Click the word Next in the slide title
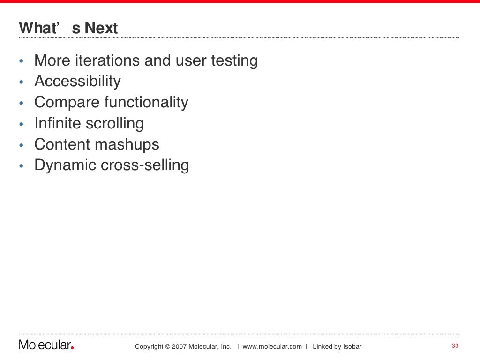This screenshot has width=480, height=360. click(x=101, y=28)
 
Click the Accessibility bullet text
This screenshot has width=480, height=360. click(x=77, y=82)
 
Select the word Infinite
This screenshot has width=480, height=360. click(x=58, y=123)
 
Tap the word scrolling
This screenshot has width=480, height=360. click(x=115, y=124)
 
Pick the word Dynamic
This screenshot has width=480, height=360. click(x=64, y=165)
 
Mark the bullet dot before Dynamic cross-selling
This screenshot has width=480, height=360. click(x=21, y=166)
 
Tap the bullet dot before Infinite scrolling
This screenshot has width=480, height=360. click(x=21, y=125)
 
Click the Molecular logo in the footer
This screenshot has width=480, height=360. click(x=46, y=345)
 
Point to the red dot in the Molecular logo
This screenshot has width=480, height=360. click(x=72, y=348)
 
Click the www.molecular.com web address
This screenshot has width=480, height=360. click(x=272, y=347)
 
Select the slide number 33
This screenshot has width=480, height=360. click(x=454, y=346)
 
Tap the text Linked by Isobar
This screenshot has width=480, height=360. click(x=337, y=347)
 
